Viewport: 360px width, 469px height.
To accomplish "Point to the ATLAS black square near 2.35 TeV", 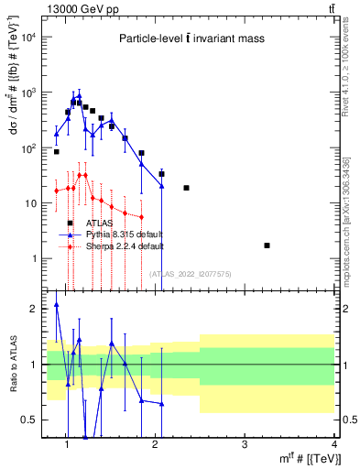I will pos(186,188).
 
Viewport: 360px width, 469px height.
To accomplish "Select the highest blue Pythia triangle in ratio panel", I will pos(57,305).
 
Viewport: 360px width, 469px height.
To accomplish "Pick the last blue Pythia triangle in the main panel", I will pos(162,185).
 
